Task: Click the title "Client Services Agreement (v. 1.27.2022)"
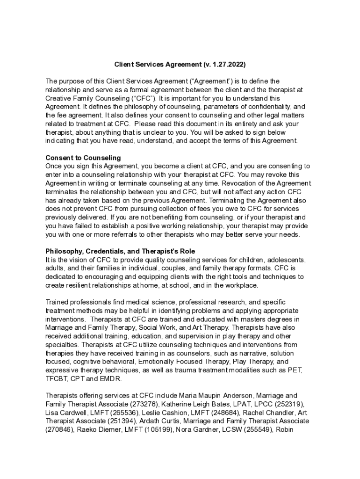click(x=180, y=64)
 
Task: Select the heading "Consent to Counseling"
click(x=83, y=157)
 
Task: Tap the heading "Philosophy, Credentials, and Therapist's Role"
click(x=120, y=251)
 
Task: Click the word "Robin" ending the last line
click(x=283, y=429)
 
